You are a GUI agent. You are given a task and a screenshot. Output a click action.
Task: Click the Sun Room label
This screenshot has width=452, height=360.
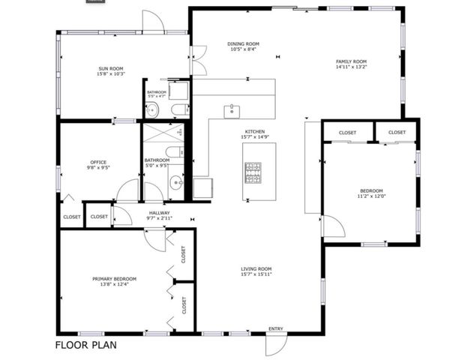109,67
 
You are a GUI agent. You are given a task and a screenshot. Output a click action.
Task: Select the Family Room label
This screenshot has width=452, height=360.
351,61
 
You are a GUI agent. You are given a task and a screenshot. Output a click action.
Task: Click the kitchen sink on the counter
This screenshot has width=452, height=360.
232,112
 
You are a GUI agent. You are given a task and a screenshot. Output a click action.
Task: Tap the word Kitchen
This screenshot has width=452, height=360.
253,131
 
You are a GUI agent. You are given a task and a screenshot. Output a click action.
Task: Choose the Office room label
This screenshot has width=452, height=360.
98,162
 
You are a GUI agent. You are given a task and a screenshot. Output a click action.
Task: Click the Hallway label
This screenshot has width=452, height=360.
159,213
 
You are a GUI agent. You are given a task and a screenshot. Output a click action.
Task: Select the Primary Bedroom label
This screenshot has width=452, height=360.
115,278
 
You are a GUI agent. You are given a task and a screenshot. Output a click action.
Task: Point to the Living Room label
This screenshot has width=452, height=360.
256,268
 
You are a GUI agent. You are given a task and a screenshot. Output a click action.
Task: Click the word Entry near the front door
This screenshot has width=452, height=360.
276,328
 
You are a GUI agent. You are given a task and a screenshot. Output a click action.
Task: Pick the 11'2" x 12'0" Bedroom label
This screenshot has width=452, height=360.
371,190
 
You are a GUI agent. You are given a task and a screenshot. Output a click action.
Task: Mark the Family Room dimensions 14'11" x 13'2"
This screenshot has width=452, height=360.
351,67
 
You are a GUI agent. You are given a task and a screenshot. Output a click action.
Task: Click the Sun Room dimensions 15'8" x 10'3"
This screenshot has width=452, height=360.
109,73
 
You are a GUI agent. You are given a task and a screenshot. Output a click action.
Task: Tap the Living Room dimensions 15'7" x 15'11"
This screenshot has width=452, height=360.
256,274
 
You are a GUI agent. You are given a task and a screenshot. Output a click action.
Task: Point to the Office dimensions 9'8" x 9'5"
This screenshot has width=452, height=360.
98,168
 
